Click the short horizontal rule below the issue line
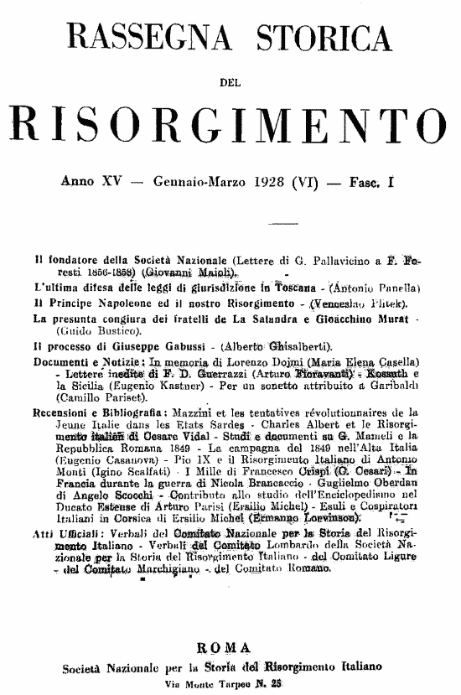tap(230, 224)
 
